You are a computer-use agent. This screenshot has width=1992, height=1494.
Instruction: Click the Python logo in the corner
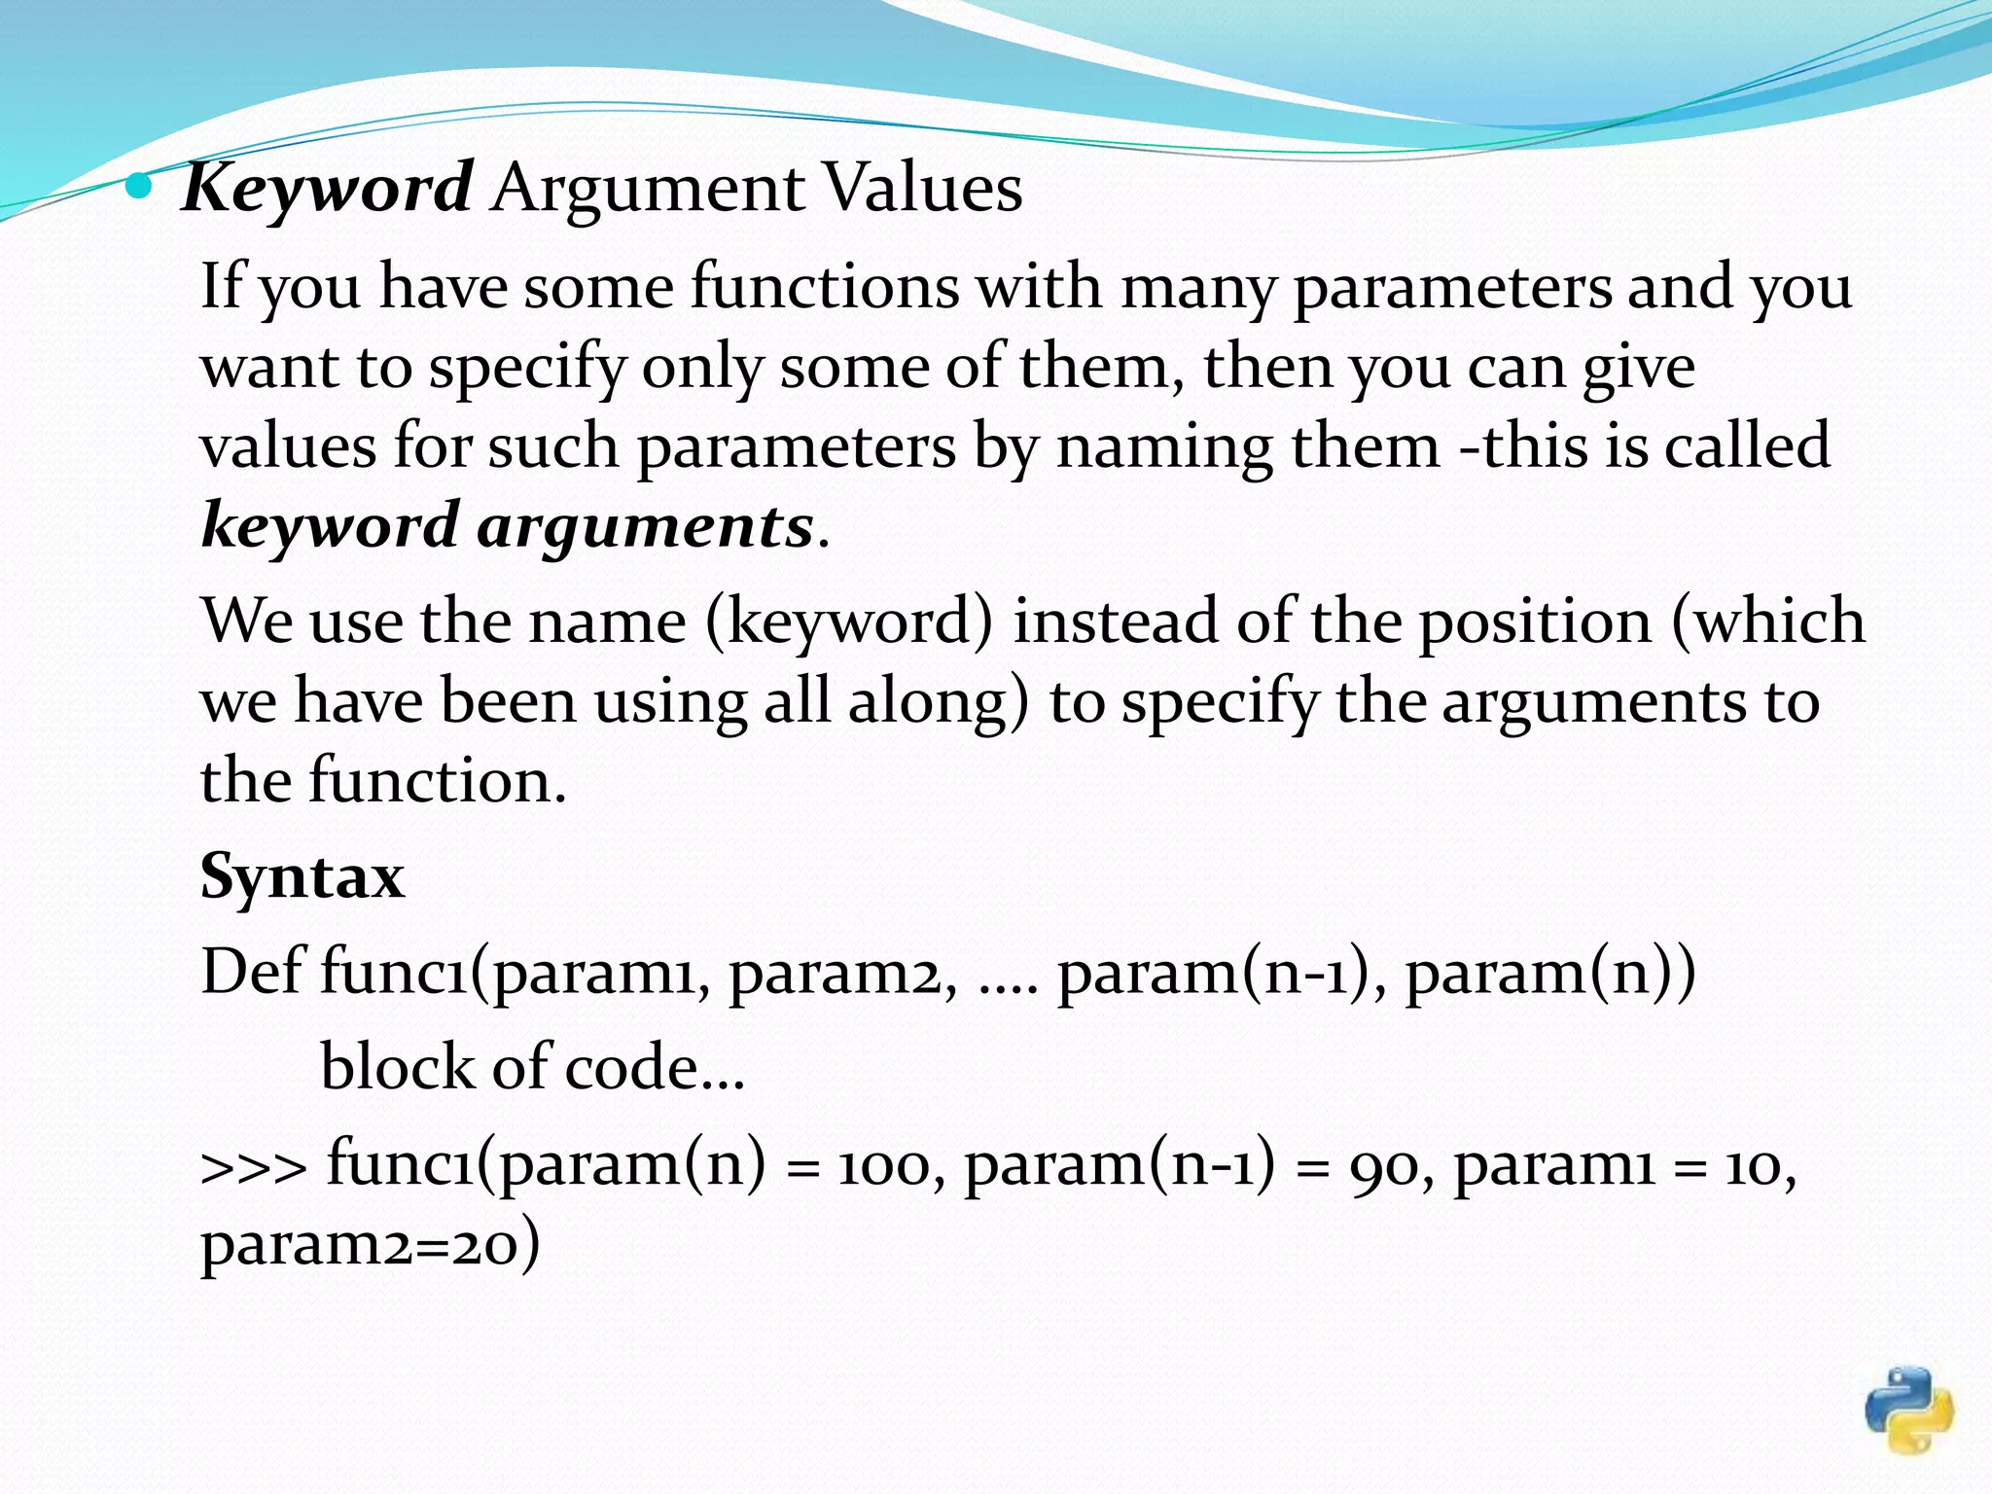pyautogui.click(x=1908, y=1410)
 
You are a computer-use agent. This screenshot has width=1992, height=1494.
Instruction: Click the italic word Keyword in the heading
pyautogui.click(x=327, y=188)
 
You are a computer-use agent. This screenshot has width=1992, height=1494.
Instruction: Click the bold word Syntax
pyautogui.click(x=302, y=876)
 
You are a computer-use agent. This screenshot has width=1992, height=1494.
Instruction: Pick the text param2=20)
pyautogui.click(x=370, y=1244)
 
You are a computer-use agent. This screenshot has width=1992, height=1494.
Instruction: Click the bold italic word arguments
pyautogui.click(x=645, y=526)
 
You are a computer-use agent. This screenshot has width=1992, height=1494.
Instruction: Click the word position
pyautogui.click(x=1534, y=622)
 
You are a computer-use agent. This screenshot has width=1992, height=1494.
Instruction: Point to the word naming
pyautogui.click(x=1163, y=446)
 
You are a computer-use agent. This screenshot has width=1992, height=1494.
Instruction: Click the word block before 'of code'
pyautogui.click(x=396, y=1067)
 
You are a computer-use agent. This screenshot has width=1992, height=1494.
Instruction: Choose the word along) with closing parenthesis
pyautogui.click(x=939, y=701)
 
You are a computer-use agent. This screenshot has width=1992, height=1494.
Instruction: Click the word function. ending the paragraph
pyautogui.click(x=438, y=781)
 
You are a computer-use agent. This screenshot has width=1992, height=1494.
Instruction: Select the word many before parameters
pyautogui.click(x=1196, y=289)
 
